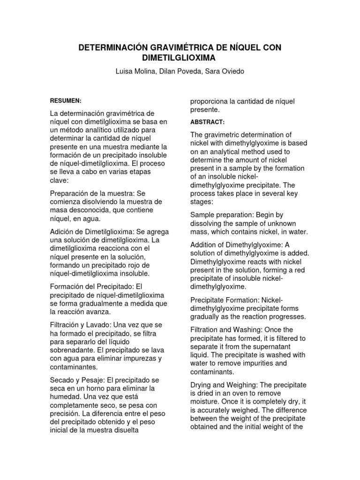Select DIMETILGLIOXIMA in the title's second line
(180, 59)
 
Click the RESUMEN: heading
(66, 101)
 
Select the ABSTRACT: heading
(207, 122)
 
